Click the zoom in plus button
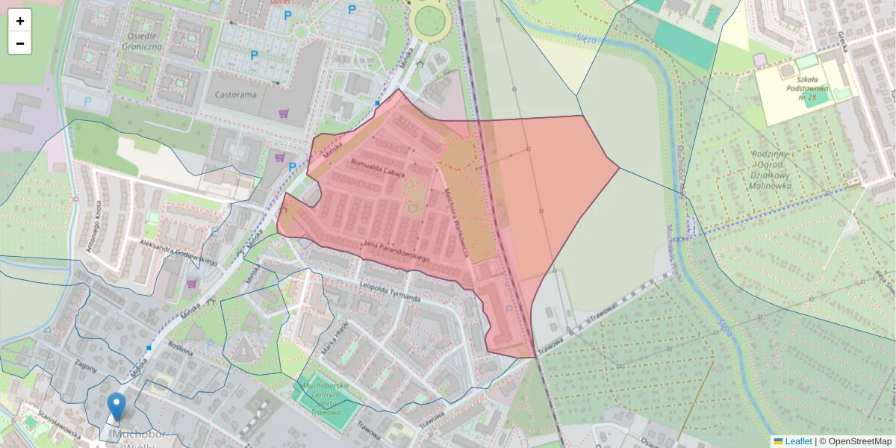20,21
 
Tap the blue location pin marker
116,408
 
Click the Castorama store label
235,96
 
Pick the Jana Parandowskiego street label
396,251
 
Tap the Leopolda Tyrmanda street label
389,293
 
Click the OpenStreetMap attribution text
855,441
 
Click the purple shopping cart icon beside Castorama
283,113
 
